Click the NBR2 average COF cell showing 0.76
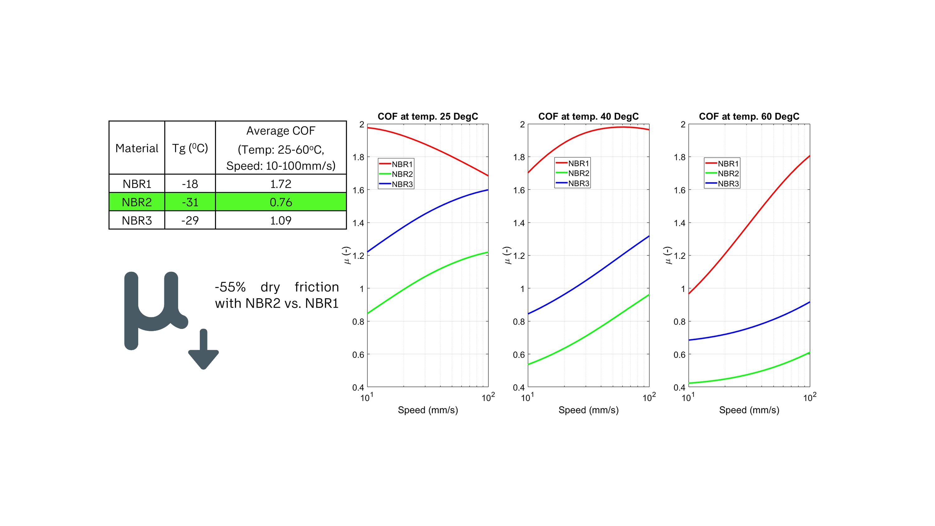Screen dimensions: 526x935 click(x=280, y=202)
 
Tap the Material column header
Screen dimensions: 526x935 click(x=137, y=148)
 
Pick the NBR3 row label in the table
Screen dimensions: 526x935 click(x=137, y=220)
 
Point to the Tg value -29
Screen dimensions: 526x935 click(x=190, y=220)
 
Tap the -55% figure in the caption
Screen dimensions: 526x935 click(x=230, y=287)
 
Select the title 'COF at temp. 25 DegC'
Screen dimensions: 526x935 click(x=428, y=117)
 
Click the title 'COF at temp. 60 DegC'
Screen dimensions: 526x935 click(x=749, y=117)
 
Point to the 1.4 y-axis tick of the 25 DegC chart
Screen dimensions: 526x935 click(x=358, y=223)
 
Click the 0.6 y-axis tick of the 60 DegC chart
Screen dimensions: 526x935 click(x=679, y=355)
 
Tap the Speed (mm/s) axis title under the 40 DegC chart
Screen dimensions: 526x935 click(x=588, y=410)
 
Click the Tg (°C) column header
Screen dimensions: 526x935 click(x=190, y=148)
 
